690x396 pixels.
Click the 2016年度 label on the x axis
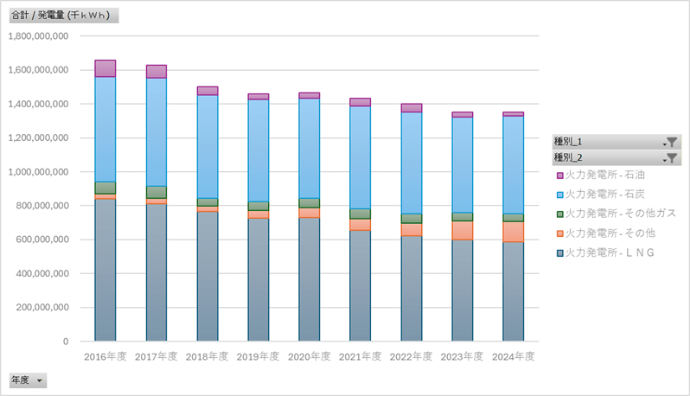tap(105, 355)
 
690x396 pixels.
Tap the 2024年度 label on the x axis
tap(514, 355)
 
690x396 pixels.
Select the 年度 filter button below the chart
tap(28, 380)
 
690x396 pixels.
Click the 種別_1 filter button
tap(617, 142)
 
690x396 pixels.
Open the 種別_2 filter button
tap(617, 157)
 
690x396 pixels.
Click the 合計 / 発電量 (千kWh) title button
tap(62, 16)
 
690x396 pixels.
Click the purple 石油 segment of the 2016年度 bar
tap(105, 68)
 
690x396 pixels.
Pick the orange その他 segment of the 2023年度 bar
tap(463, 230)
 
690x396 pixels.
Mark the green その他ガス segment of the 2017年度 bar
tap(157, 192)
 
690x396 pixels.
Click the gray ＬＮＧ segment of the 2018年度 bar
tap(208, 276)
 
